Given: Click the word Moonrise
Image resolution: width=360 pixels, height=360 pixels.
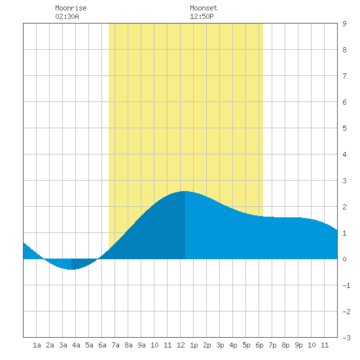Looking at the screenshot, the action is pyautogui.click(x=71, y=8).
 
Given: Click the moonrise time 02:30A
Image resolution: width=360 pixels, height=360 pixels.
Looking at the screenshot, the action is pyautogui.click(x=67, y=16).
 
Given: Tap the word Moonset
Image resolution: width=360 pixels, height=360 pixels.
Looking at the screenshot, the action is pyautogui.click(x=204, y=8).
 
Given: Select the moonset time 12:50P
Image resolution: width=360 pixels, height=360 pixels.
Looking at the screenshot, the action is pyautogui.click(x=202, y=16).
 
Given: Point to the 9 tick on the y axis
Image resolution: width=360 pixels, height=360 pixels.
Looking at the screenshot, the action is pyautogui.click(x=344, y=24).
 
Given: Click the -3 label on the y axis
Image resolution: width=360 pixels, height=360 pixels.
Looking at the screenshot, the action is pyautogui.click(x=346, y=338).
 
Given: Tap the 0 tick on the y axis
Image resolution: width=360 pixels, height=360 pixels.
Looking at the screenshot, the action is pyautogui.click(x=344, y=259).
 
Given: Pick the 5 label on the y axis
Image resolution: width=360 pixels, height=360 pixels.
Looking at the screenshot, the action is pyautogui.click(x=344, y=128).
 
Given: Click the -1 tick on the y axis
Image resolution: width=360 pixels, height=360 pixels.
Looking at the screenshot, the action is pyautogui.click(x=346, y=285).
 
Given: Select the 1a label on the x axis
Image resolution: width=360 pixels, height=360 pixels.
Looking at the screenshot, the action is pyautogui.click(x=37, y=345).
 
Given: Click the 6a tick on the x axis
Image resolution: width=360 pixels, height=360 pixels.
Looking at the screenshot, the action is pyautogui.click(x=102, y=345).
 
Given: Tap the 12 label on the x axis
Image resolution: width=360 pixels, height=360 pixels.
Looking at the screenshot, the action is pyautogui.click(x=181, y=345).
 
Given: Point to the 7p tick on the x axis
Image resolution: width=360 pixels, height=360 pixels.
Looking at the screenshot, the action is pyautogui.click(x=272, y=345).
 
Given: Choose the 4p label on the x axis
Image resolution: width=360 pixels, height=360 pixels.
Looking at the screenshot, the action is pyautogui.click(x=233, y=345).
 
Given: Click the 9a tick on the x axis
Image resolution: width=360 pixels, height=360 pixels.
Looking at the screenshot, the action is pyautogui.click(x=141, y=345).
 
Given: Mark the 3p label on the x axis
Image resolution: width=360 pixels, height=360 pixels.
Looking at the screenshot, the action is pyautogui.click(x=220, y=345).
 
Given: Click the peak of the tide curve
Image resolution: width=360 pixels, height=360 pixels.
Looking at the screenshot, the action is pyautogui.click(x=185, y=191).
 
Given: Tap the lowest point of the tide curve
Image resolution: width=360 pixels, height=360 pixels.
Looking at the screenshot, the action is pyautogui.click(x=71, y=269).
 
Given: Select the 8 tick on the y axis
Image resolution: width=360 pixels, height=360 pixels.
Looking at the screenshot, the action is pyautogui.click(x=344, y=50).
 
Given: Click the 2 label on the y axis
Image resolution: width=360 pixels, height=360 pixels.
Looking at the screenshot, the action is pyautogui.click(x=344, y=207).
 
